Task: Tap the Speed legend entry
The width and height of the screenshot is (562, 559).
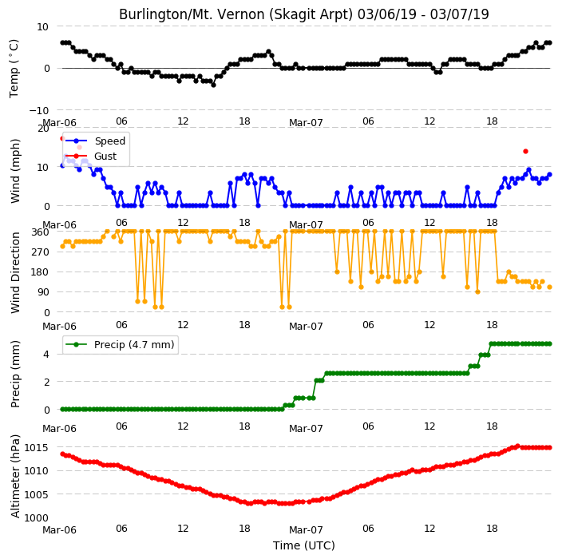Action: click(x=96, y=141)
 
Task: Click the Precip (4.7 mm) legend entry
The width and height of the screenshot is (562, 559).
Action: click(x=120, y=344)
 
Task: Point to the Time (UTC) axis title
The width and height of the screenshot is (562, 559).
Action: click(x=304, y=545)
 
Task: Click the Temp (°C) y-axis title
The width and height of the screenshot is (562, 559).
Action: click(x=14, y=69)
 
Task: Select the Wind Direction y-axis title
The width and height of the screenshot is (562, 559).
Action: click(x=15, y=272)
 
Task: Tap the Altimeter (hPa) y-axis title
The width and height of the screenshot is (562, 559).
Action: click(x=15, y=476)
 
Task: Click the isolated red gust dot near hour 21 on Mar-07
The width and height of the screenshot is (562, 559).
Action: click(x=525, y=151)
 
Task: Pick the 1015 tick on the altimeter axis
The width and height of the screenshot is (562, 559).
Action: click(x=36, y=447)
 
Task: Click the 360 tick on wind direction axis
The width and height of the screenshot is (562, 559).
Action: click(x=41, y=232)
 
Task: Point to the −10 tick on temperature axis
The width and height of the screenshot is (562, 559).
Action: click(x=38, y=110)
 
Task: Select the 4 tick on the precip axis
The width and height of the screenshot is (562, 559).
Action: click(x=46, y=355)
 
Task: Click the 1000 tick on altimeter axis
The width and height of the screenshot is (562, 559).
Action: click(x=36, y=517)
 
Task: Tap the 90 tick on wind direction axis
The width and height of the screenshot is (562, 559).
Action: click(x=43, y=291)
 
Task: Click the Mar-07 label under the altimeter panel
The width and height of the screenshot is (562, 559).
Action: click(x=306, y=530)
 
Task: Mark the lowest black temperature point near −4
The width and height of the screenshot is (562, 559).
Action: click(x=214, y=85)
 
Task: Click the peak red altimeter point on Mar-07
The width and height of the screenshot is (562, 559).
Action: click(x=517, y=446)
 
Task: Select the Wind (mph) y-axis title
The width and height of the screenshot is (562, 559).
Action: click(x=15, y=172)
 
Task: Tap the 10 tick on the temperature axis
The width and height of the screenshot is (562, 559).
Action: click(x=42, y=27)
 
